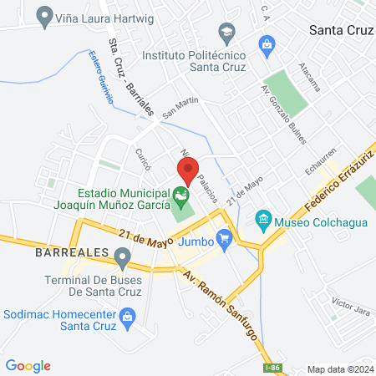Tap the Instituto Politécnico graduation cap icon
225,33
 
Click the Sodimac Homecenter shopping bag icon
127,317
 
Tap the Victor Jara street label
350,302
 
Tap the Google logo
28,366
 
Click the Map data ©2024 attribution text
340,369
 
